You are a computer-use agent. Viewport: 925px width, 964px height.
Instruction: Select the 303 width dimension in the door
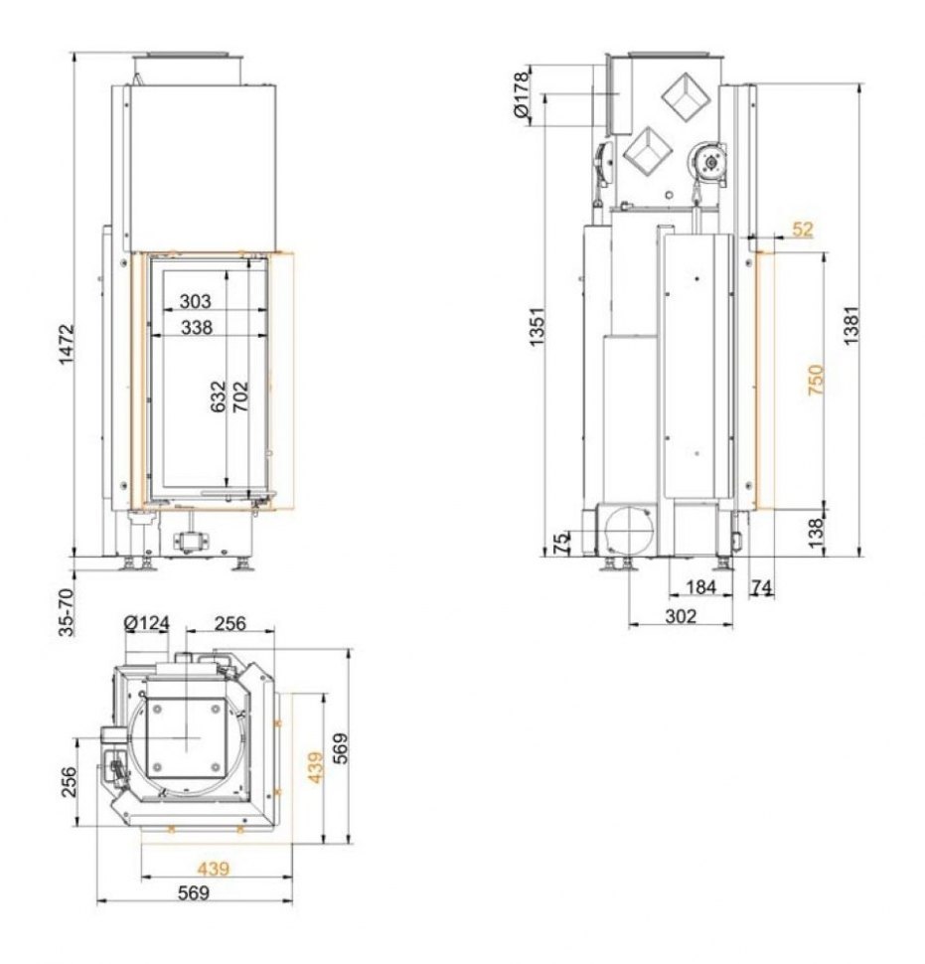click(x=195, y=301)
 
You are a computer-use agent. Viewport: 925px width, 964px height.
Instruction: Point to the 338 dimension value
click(x=197, y=328)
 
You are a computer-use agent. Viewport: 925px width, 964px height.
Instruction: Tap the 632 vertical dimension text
click(x=219, y=397)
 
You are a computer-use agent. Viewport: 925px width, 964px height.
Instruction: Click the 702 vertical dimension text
click(x=240, y=397)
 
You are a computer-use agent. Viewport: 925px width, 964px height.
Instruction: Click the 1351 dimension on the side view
click(x=538, y=326)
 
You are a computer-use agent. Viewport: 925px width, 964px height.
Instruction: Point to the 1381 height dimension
click(x=851, y=325)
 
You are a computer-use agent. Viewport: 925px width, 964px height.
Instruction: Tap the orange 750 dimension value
click(x=815, y=380)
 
